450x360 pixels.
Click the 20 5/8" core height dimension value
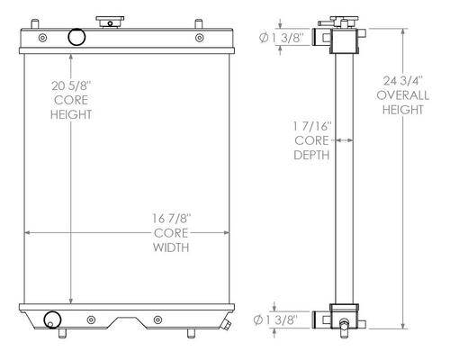(x=71, y=85)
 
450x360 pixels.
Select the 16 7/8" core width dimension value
(x=171, y=219)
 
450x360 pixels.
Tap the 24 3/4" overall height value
(x=403, y=81)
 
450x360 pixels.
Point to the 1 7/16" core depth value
(x=312, y=126)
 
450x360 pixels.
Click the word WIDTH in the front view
(x=171, y=247)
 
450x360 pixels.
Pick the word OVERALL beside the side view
(x=402, y=95)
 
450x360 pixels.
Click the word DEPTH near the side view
(x=311, y=155)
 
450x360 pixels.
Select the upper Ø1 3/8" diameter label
(x=282, y=38)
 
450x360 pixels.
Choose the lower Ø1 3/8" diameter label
(x=276, y=320)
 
